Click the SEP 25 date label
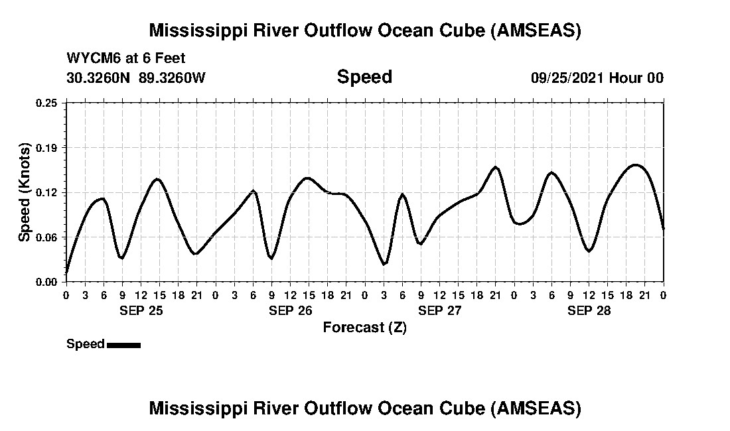(141, 310)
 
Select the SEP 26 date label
(291, 310)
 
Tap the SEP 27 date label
(440, 310)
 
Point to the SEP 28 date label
(589, 310)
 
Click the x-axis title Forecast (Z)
(364, 328)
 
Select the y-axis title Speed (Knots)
(25, 192)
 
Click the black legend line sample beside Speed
(123, 345)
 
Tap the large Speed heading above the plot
(364, 77)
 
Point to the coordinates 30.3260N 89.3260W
(136, 78)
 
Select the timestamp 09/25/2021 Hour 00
(597, 78)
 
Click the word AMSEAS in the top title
(536, 31)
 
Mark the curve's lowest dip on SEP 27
(384, 265)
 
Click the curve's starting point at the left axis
(66, 273)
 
